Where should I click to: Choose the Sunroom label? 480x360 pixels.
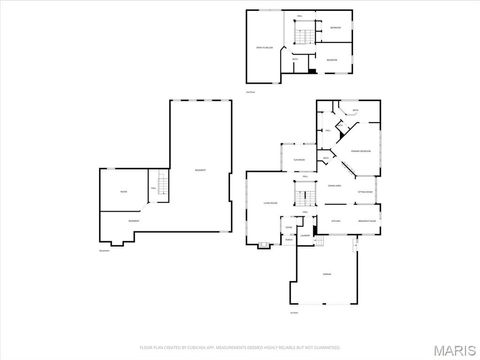(299, 160)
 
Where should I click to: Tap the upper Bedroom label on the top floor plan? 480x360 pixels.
(336, 28)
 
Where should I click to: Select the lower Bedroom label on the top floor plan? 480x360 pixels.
(331, 60)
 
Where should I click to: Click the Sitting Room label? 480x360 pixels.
(366, 190)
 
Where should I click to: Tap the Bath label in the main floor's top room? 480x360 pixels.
(355, 110)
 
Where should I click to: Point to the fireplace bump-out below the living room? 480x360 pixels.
(263, 244)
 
